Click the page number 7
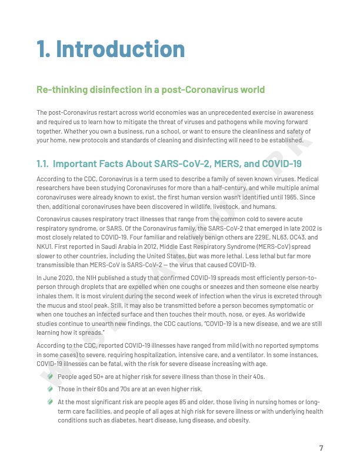[x=321, y=448]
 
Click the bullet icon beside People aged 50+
[x=51, y=376]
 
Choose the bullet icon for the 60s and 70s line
[x=51, y=389]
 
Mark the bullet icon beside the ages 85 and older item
[x=51, y=402]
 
